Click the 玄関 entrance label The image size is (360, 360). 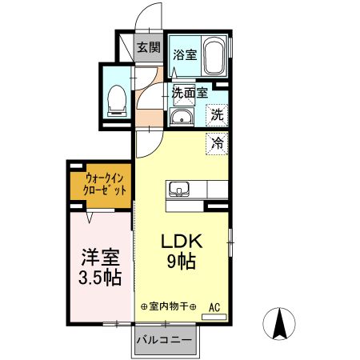click(x=146, y=46)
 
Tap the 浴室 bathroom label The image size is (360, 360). click(x=185, y=55)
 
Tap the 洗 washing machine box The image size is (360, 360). click(x=217, y=114)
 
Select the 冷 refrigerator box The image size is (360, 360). click(x=217, y=144)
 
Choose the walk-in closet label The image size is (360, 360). click(x=99, y=186)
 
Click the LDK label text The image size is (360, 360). click(x=182, y=241)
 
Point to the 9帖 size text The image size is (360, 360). click(x=182, y=260)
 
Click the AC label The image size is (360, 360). click(x=215, y=306)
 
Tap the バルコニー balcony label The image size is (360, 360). click(x=163, y=340)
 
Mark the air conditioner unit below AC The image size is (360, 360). click(x=215, y=317)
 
